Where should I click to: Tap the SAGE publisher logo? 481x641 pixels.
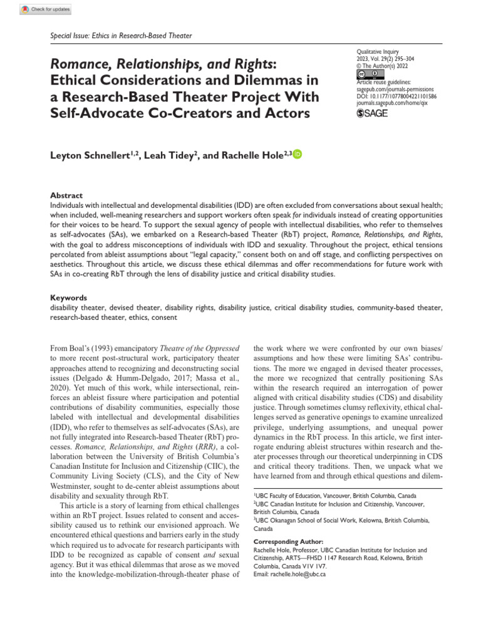[372, 113]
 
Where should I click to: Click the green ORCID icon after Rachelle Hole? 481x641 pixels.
[297, 154]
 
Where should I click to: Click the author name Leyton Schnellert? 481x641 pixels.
[93, 155]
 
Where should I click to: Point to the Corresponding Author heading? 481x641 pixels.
[287, 541]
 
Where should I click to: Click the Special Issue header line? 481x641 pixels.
[120, 36]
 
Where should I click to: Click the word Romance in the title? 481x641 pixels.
[78, 64]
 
